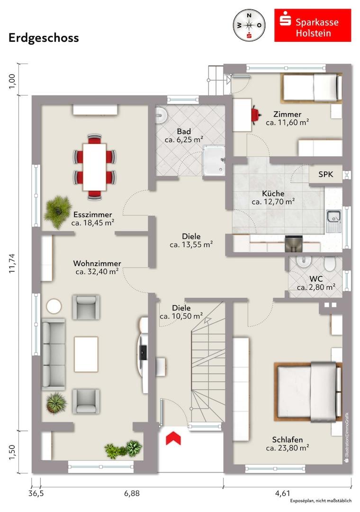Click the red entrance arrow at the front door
(173, 438)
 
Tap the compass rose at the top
(249, 26)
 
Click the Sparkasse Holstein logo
(312, 25)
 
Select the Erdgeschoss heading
(44, 38)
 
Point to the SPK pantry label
(326, 174)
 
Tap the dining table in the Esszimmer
(94, 167)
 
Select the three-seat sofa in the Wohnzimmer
(53, 354)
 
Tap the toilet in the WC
(330, 264)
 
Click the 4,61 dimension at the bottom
(283, 493)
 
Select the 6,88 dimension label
(132, 493)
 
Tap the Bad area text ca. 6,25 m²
(184, 140)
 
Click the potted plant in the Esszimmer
(58, 211)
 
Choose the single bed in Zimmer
(311, 88)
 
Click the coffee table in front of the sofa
(86, 354)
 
